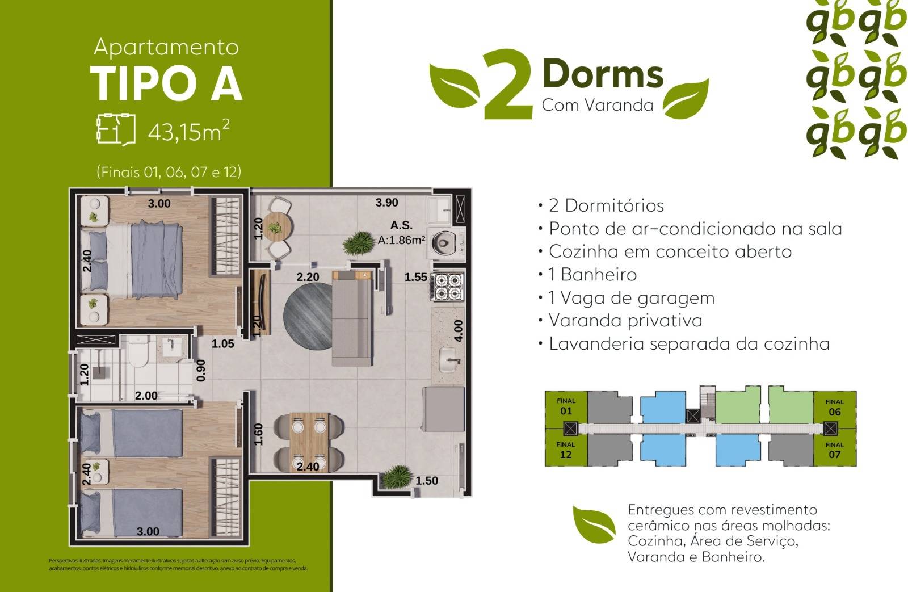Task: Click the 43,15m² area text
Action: tap(188, 132)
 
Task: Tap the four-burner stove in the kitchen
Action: tap(448, 287)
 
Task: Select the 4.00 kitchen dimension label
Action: tap(459, 330)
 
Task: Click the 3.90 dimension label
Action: tap(387, 203)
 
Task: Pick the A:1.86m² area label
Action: tap(401, 240)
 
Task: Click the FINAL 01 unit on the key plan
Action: tap(565, 406)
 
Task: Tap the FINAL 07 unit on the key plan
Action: tap(834, 450)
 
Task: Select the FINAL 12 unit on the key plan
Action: tap(565, 450)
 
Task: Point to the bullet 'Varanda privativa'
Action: tap(625, 321)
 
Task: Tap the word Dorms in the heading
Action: tap(603, 74)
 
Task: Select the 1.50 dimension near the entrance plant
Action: tap(427, 481)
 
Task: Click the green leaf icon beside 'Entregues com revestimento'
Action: tap(594, 525)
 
